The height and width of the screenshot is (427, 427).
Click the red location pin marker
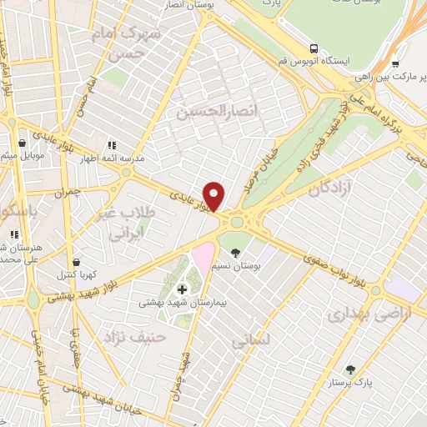(x=214, y=195)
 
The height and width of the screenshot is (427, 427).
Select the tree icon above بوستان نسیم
(x=235, y=252)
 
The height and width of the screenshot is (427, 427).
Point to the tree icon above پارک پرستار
(x=351, y=370)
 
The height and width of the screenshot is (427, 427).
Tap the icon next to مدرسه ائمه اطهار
(x=113, y=144)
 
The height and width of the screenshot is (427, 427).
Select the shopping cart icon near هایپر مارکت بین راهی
(x=395, y=63)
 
